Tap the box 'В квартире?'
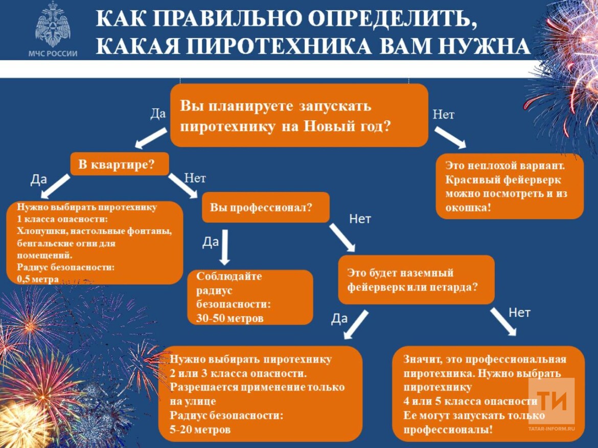point(119,164)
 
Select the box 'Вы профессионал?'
point(265,208)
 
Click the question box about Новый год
point(299,116)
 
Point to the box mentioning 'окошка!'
point(509,187)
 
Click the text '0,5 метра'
point(38,279)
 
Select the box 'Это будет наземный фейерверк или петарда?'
point(416,280)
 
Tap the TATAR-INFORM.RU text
point(551,429)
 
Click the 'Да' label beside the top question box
point(158,114)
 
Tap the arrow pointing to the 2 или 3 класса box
point(356,324)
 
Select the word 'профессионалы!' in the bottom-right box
point(448,430)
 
